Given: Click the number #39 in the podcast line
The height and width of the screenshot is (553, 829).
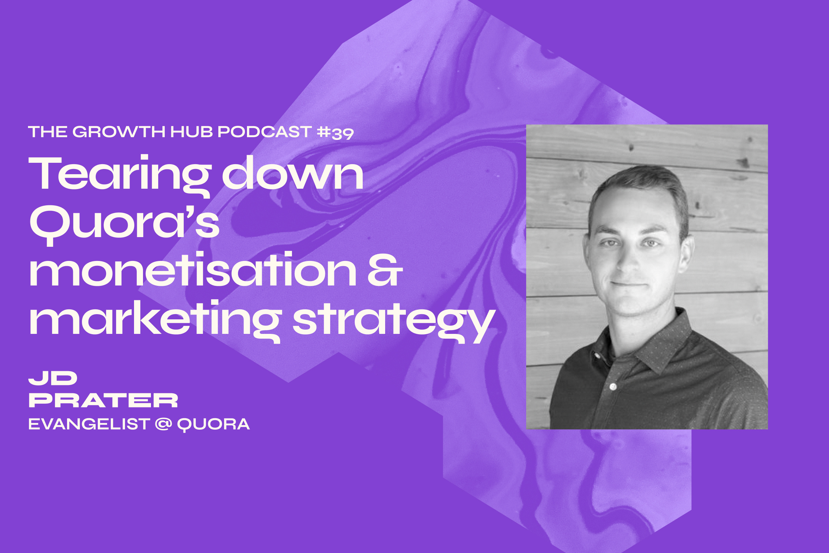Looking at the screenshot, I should click(335, 133).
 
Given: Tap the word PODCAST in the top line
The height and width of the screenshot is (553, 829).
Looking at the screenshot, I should click(264, 132).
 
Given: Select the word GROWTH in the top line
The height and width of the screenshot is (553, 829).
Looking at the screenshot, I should click(119, 132).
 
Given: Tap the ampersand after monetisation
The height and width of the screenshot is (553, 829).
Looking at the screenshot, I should click(385, 270).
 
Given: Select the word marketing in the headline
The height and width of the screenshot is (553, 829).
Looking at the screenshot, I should click(155, 319).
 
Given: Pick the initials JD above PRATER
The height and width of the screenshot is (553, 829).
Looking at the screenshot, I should click(53, 378).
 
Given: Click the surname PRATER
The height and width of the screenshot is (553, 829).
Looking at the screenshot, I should click(103, 401).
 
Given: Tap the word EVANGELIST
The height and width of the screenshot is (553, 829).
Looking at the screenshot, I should click(89, 424).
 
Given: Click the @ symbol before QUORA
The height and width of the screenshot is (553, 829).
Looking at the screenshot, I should click(163, 424).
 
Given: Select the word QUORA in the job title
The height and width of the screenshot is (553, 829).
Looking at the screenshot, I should click(213, 425).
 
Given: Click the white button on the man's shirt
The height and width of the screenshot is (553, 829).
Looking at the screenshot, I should click(613, 386).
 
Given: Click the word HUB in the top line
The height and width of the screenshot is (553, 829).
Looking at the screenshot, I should click(191, 132).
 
